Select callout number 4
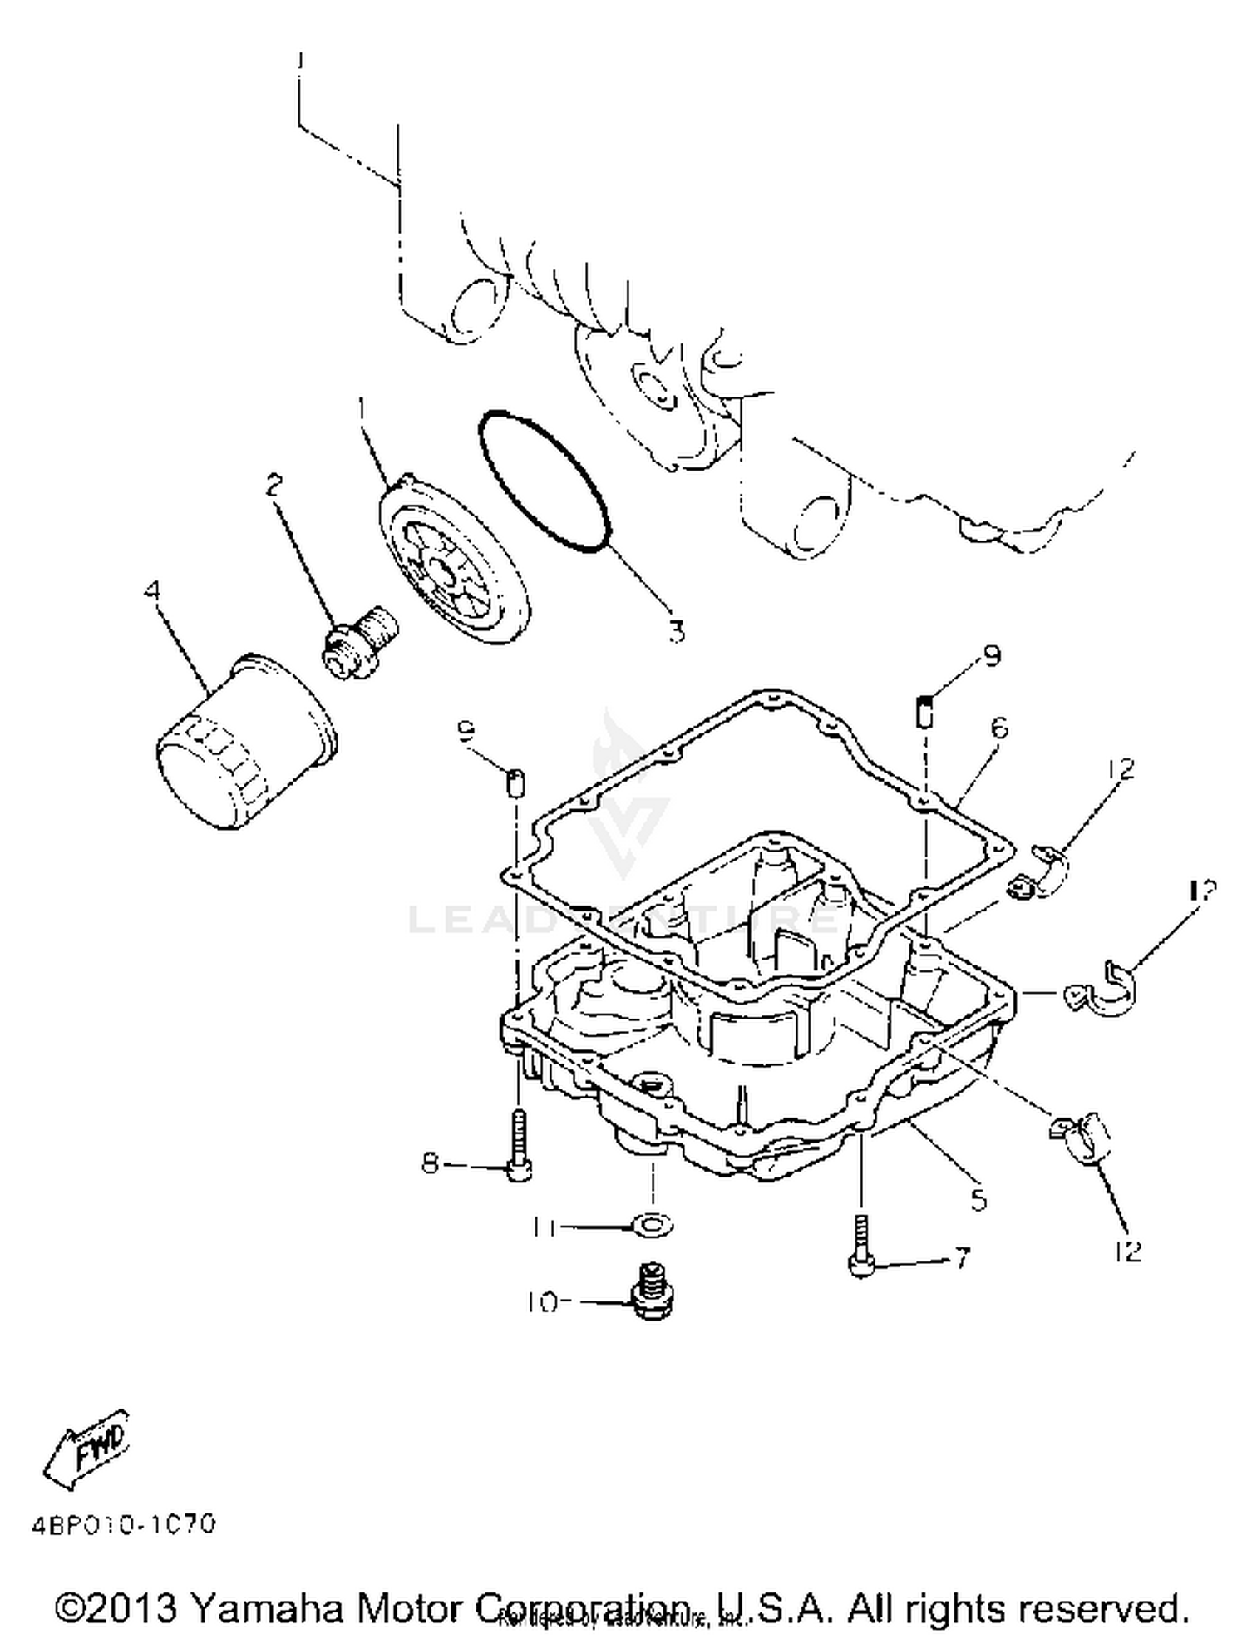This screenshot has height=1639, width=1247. coord(151,592)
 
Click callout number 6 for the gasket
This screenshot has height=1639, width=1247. coord(999,728)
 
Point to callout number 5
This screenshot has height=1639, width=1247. coord(979,1200)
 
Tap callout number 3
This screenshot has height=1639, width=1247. coord(677,632)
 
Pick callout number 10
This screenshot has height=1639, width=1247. coord(542,1303)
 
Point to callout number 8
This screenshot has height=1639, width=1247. coord(430,1163)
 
